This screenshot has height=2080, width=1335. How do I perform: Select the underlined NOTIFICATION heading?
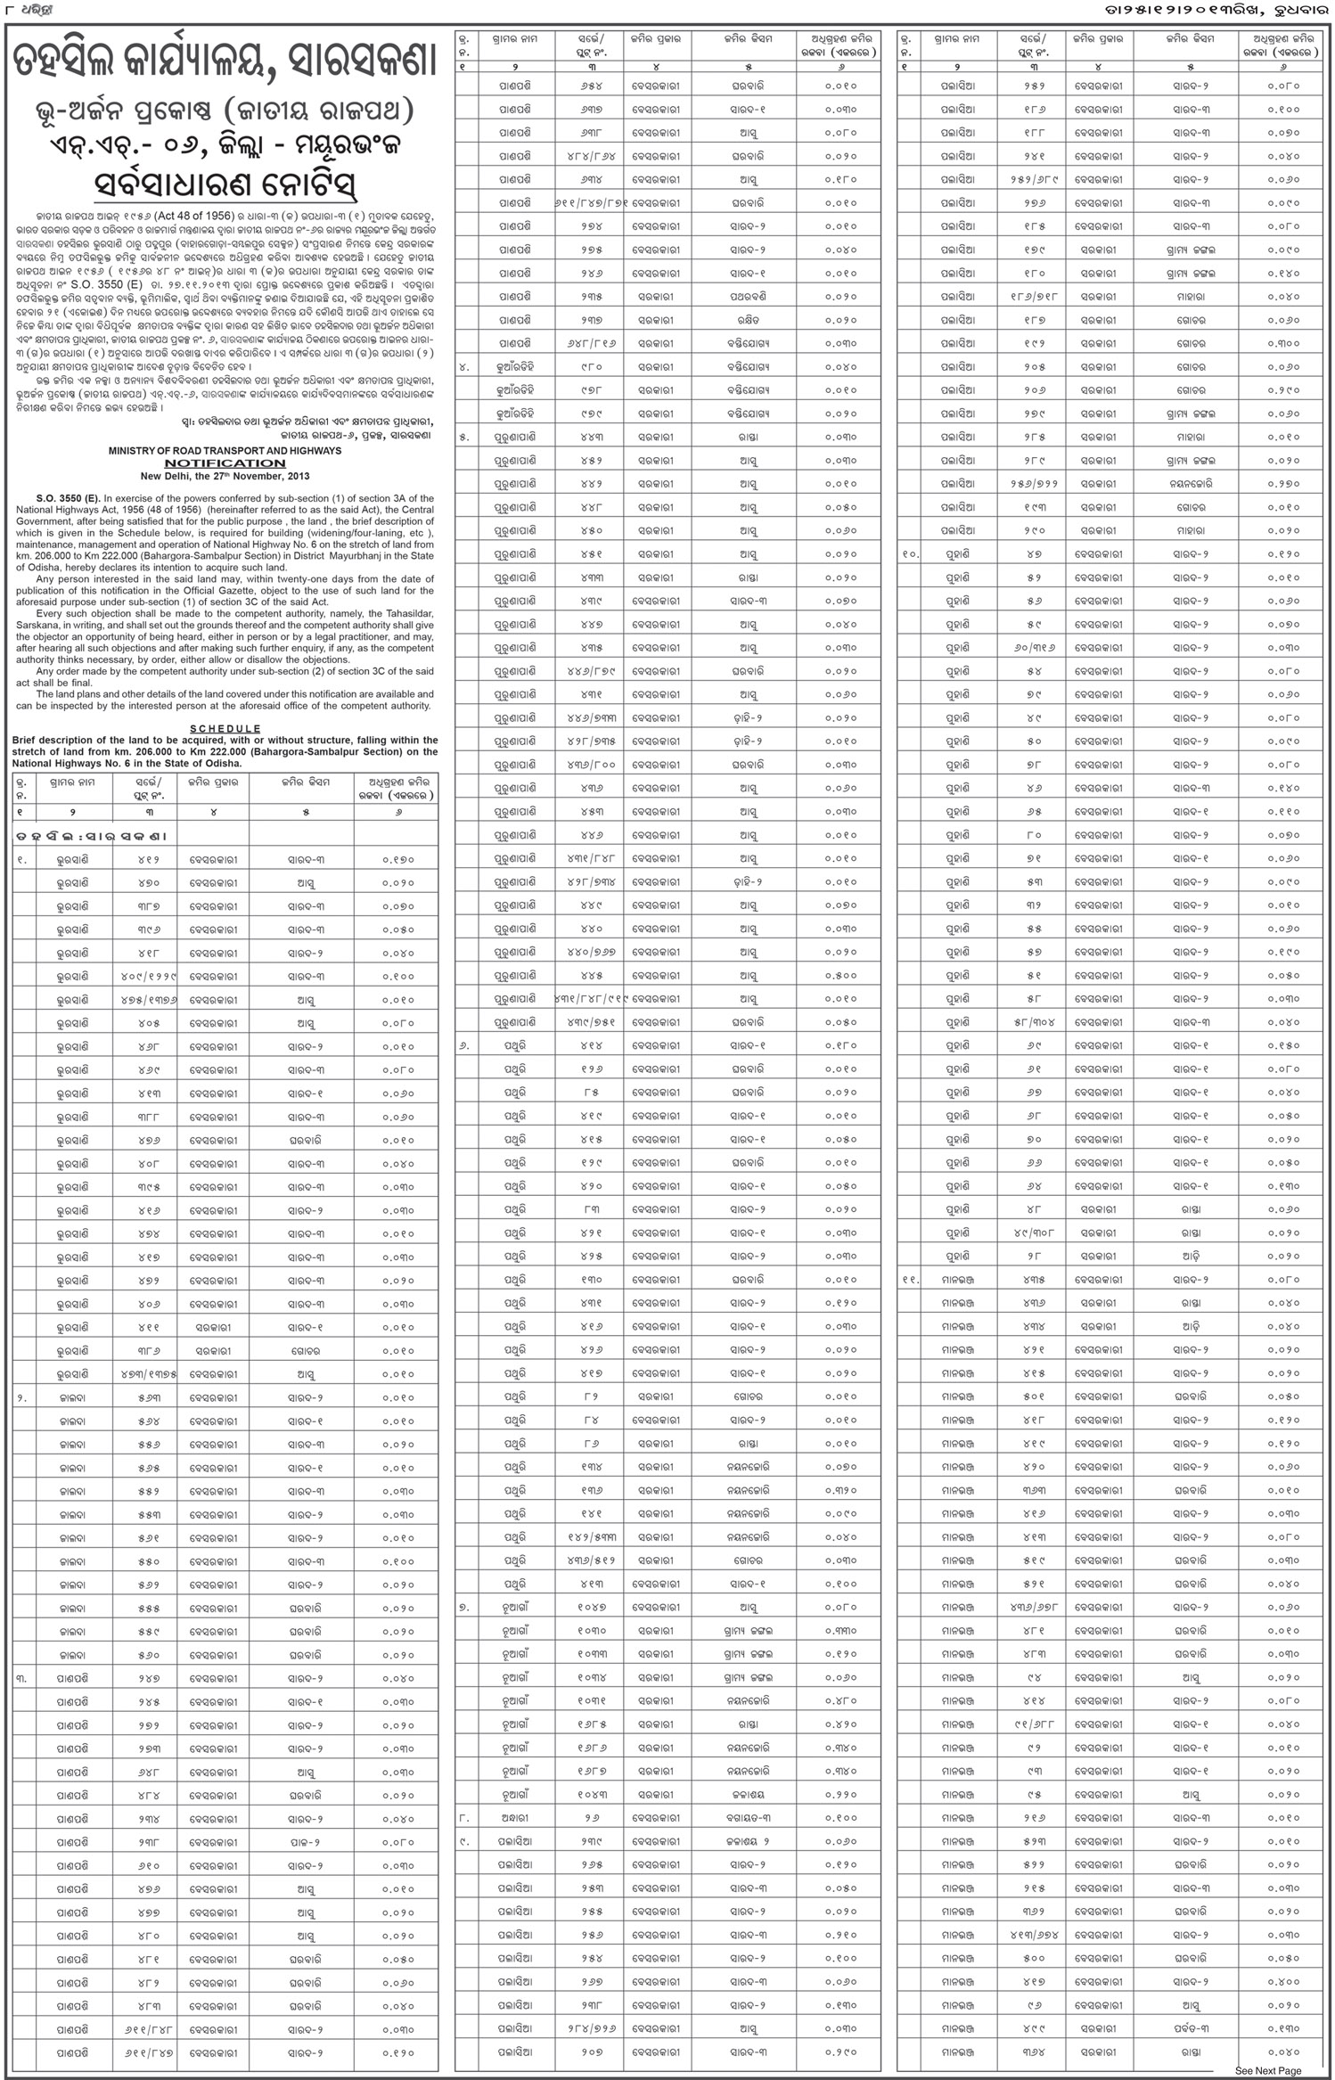pyautogui.click(x=225, y=463)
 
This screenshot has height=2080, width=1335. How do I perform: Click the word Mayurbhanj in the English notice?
pyautogui.click(x=366, y=556)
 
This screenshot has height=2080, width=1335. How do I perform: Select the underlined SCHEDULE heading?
pyautogui.click(x=225, y=729)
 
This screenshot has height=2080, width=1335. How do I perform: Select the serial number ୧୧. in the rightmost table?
pyautogui.click(x=909, y=1280)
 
